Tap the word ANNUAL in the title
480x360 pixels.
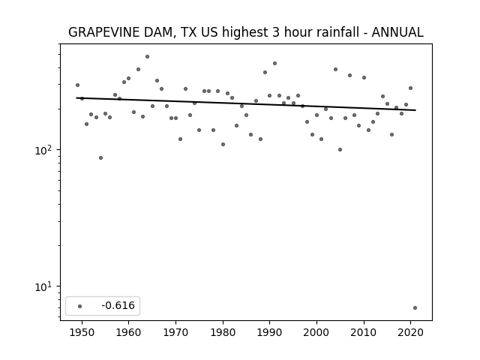click(x=397, y=32)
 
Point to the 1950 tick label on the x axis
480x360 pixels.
click(x=82, y=332)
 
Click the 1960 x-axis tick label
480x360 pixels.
click(x=128, y=332)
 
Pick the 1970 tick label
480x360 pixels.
click(x=175, y=332)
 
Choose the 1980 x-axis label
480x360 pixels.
click(x=223, y=332)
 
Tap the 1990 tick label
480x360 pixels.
click(x=270, y=332)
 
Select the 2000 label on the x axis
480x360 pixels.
click(x=316, y=332)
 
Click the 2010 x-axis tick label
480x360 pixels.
click(x=364, y=332)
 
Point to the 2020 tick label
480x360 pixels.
click(x=411, y=332)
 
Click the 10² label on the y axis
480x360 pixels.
click(x=45, y=150)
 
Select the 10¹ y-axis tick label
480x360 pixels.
click(x=45, y=286)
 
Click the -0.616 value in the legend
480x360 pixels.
click(x=118, y=305)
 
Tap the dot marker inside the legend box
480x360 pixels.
click(x=79, y=306)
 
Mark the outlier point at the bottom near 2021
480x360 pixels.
click(x=415, y=308)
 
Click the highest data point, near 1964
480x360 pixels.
click(x=147, y=57)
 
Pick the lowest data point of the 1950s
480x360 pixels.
click(x=100, y=158)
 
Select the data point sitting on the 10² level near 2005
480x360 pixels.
click(x=340, y=150)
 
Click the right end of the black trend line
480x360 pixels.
click(x=415, y=110)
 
